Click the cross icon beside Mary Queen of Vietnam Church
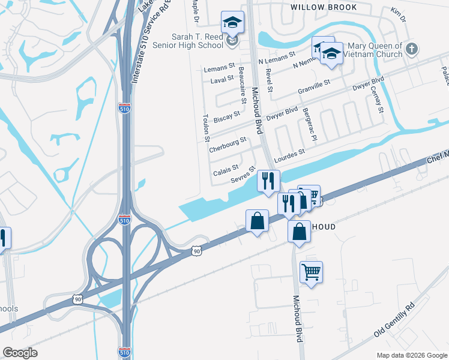pyautogui.click(x=411, y=48)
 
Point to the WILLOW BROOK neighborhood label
pyautogui.click(x=324, y=7)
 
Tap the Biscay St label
pyautogui.click(x=227, y=116)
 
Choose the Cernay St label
pyautogui.click(x=379, y=99)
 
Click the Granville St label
pyautogui.click(x=314, y=86)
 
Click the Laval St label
pyautogui.click(x=223, y=79)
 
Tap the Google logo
pyautogui.click(x=20, y=353)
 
